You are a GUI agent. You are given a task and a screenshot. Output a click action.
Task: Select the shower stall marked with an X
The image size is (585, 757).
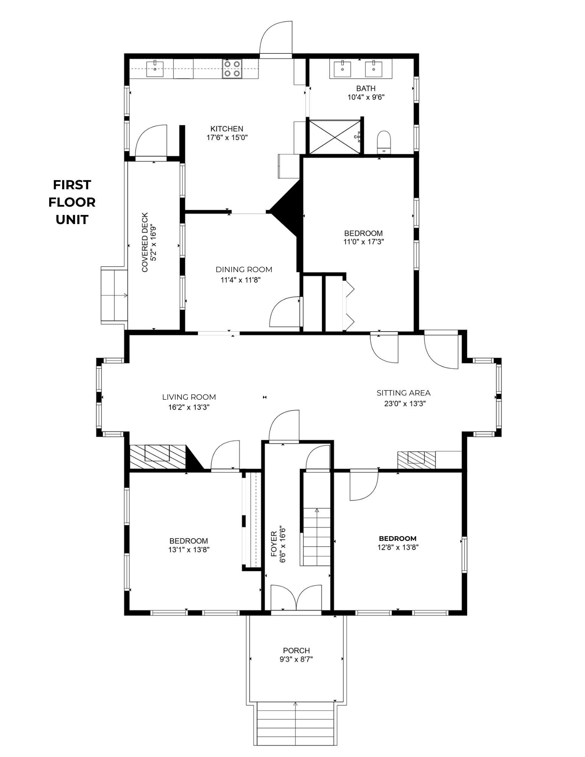[x=335, y=137]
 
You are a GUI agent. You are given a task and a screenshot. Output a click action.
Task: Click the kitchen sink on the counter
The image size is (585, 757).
[x=155, y=69]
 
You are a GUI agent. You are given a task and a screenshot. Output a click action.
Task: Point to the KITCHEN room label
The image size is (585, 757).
[x=227, y=129]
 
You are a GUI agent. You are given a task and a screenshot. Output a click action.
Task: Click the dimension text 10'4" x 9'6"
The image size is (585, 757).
[x=366, y=97]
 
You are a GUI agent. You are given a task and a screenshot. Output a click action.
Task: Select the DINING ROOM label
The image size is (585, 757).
[x=244, y=269]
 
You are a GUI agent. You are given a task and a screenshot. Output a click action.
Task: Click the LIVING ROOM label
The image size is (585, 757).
[x=189, y=397]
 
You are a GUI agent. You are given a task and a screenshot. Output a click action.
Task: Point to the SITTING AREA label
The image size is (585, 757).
[x=403, y=393]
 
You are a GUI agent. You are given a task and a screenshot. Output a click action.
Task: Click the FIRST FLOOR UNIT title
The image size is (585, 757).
[x=72, y=202]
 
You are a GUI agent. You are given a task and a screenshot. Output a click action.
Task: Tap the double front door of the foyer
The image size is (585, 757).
[x=296, y=598]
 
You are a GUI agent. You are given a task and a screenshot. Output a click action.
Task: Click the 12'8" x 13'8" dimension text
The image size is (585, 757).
[x=398, y=547]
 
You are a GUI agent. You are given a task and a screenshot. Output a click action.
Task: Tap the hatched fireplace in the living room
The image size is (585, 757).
[x=157, y=456]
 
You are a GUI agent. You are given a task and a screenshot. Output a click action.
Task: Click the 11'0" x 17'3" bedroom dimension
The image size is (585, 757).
[x=363, y=242]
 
